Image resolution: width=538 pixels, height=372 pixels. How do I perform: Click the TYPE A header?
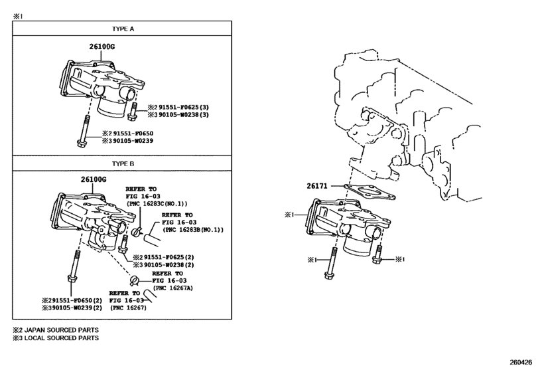[x=123, y=29]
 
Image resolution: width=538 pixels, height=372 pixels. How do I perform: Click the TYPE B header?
[x=123, y=164]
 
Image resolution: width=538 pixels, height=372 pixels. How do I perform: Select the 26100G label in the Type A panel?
[x=102, y=46]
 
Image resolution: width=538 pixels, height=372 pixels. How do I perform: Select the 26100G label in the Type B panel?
[x=94, y=179]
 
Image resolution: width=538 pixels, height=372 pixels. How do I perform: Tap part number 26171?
[x=317, y=186]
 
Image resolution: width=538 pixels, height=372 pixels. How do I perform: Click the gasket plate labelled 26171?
[x=370, y=191]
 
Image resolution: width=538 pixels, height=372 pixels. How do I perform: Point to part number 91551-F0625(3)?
[x=184, y=108]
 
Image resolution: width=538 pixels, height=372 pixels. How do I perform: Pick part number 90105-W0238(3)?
[x=184, y=115]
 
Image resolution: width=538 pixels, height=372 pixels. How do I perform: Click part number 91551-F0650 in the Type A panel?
[x=133, y=134]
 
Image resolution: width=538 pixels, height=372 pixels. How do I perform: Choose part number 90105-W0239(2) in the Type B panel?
[x=77, y=308]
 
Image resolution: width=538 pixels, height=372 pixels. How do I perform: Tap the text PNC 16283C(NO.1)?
[x=158, y=204]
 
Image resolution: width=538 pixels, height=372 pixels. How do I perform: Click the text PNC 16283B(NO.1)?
[x=193, y=229]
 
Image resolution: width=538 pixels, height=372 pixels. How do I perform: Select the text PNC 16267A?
[x=174, y=288]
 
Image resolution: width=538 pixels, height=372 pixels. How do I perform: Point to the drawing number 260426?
[x=521, y=362]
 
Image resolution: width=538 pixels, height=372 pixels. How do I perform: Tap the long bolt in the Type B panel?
[x=74, y=266]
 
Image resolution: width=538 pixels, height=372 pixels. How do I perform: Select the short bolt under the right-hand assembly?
[x=378, y=254]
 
